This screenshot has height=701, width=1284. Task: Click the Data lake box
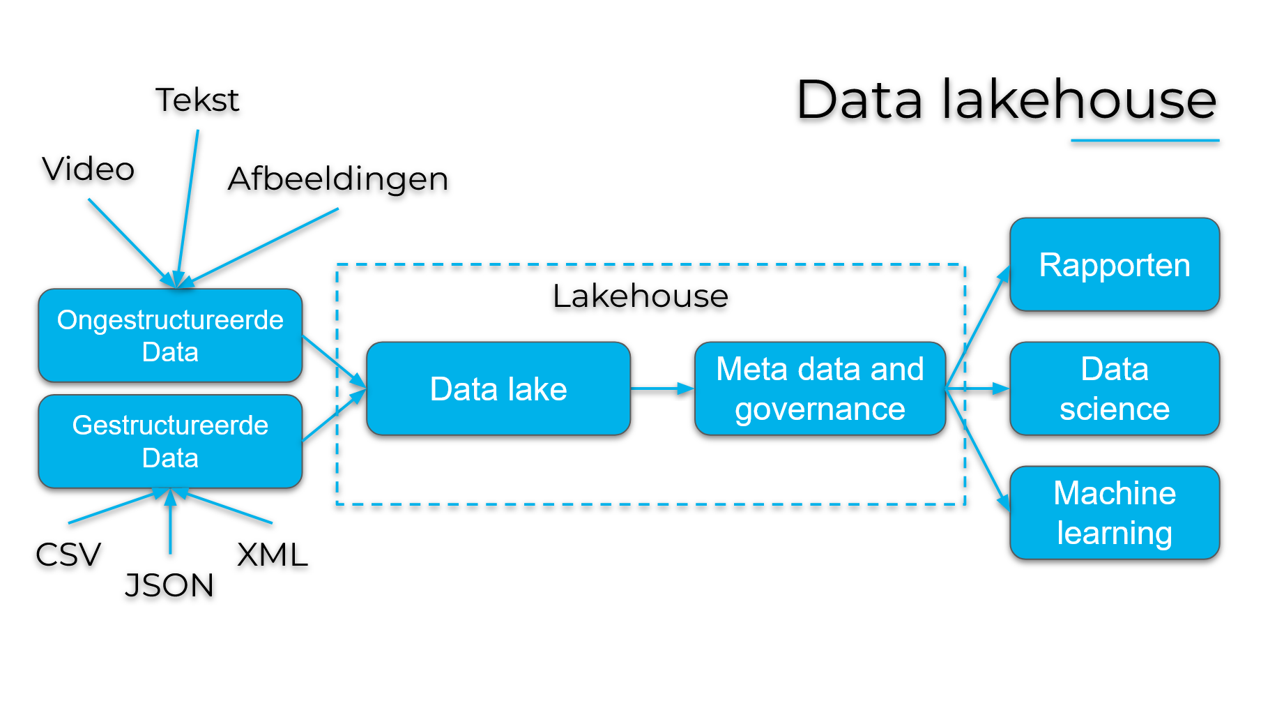pos(498,389)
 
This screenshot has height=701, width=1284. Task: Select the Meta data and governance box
pos(820,389)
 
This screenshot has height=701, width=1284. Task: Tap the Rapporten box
pos(1114,264)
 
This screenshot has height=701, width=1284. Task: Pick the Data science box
pos(1114,389)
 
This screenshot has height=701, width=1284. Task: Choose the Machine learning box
pos(1114,513)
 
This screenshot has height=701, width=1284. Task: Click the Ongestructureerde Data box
pos(170,336)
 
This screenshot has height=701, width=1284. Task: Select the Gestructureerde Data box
pos(170,442)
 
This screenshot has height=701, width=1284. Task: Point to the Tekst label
pos(197,100)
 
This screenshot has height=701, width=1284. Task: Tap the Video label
pos(89,169)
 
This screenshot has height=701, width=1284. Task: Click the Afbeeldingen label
pos(338,179)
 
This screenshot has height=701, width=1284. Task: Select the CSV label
pos(68,555)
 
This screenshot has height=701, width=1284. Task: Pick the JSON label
pos(169,585)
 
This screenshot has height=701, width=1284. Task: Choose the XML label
pos(273,555)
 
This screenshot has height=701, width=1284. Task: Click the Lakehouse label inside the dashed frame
pos(640,296)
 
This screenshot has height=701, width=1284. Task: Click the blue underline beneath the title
pos(1145,141)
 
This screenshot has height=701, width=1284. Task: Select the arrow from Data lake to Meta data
pos(662,389)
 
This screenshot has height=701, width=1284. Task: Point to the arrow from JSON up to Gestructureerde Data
pos(170,523)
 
